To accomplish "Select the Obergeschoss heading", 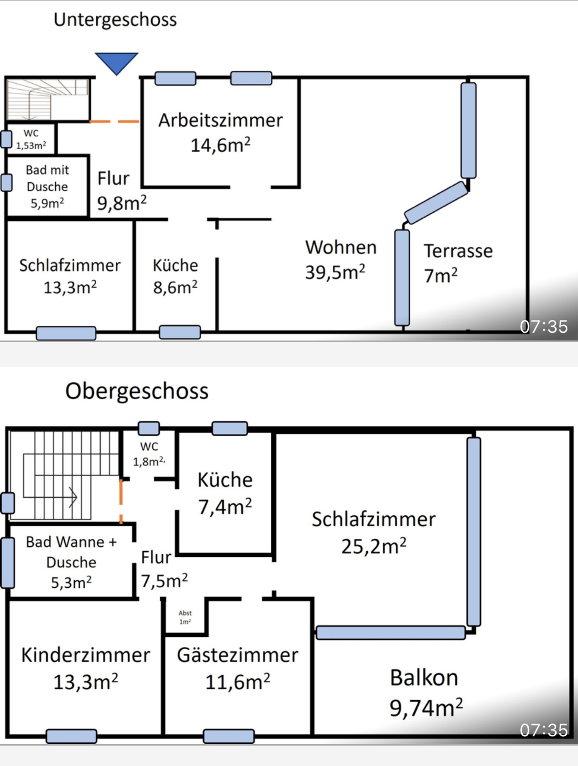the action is pyautogui.click(x=137, y=391).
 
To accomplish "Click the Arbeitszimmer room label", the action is pyautogui.click(x=221, y=121).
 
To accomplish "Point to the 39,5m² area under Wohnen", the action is pyautogui.click(x=335, y=272).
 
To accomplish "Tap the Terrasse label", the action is pyautogui.click(x=458, y=251).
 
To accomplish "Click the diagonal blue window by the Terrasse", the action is pyautogui.click(x=436, y=203).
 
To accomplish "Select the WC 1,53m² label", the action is pyautogui.click(x=31, y=139).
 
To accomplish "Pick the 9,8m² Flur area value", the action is pyautogui.click(x=122, y=203).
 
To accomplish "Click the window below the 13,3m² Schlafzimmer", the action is pyautogui.click(x=66, y=333).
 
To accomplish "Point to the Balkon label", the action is pyautogui.click(x=424, y=678).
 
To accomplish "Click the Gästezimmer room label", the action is pyautogui.click(x=238, y=655).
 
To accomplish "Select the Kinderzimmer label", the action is pyautogui.click(x=85, y=655).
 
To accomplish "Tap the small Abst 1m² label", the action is pyautogui.click(x=185, y=617).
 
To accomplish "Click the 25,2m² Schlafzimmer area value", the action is pyautogui.click(x=374, y=547).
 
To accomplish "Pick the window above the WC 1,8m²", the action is pyautogui.click(x=149, y=428).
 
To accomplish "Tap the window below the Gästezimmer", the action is pyautogui.click(x=229, y=737).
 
